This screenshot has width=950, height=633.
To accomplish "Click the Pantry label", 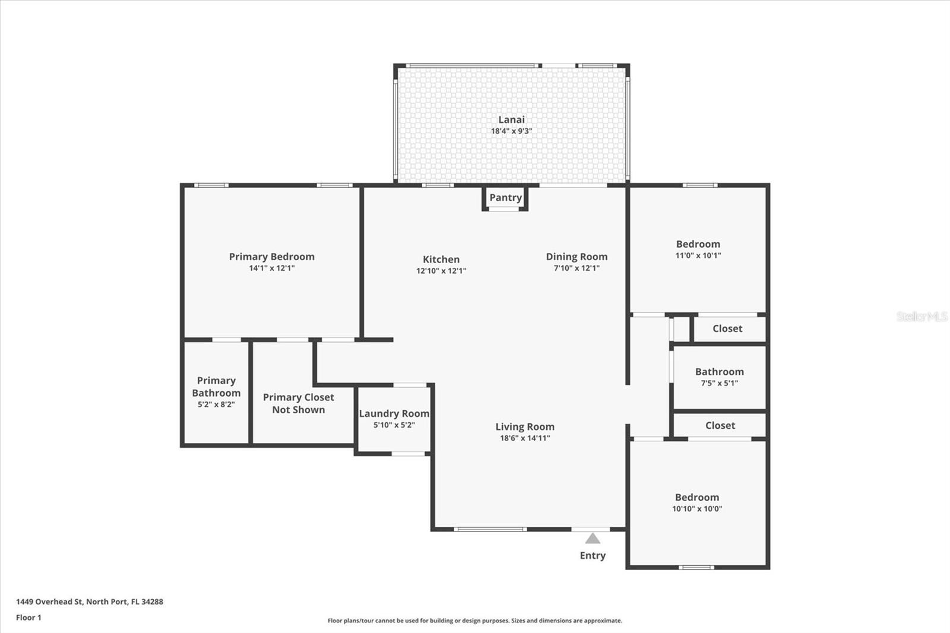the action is [x=505, y=198].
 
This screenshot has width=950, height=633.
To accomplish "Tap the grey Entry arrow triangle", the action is [x=593, y=539].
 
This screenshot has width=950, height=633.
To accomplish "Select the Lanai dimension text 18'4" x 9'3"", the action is [x=511, y=131].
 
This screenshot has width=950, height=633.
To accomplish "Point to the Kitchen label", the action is [x=441, y=259].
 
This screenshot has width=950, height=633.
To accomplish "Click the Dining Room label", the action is [x=577, y=257].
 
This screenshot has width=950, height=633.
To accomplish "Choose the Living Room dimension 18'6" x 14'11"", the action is [x=525, y=438].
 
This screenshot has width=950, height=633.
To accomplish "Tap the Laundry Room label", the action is [x=394, y=414].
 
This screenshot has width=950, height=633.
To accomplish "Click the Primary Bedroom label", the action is [x=272, y=257].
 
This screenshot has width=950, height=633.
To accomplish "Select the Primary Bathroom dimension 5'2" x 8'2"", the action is [x=216, y=405].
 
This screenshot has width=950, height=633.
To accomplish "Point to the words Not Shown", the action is [x=299, y=410].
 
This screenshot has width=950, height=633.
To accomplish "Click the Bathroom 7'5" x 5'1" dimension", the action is [x=719, y=383].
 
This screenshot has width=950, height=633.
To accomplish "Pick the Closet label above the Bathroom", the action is [x=727, y=328].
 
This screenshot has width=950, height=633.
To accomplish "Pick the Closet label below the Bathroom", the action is [x=720, y=425].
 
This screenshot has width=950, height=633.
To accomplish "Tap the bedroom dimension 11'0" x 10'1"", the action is [x=698, y=255].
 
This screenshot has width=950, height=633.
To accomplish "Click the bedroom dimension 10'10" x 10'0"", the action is [x=697, y=509].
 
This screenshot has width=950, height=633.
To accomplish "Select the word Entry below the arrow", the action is [x=593, y=556].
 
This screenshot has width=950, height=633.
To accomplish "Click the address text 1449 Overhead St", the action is [x=49, y=602].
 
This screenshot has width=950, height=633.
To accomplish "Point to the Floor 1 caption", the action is [x=29, y=618].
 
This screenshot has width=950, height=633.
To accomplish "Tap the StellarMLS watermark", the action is [x=922, y=316].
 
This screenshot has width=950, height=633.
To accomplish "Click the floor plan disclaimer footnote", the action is [x=475, y=621].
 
